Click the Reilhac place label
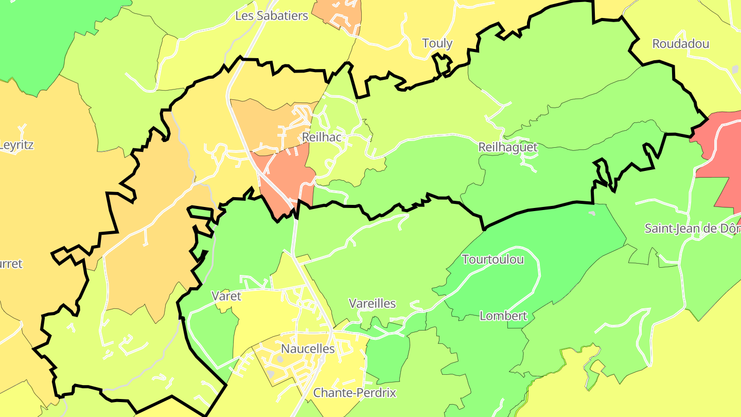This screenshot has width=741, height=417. pyautogui.click(x=322, y=137)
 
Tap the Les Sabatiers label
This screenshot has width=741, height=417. pyautogui.click(x=271, y=16)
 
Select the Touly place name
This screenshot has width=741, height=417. pyautogui.click(x=437, y=43)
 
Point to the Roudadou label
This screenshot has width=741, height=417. pyautogui.click(x=680, y=44)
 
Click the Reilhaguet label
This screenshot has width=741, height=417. pyautogui.click(x=507, y=147)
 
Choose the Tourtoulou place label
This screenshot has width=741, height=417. pyautogui.click(x=492, y=259)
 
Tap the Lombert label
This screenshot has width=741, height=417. pyautogui.click(x=503, y=316)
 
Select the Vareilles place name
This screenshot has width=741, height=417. pyautogui.click(x=372, y=304)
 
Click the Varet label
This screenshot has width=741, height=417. pyautogui.click(x=226, y=296)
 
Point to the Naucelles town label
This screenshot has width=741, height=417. pyautogui.click(x=308, y=349)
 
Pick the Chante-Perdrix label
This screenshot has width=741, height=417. pyautogui.click(x=355, y=393)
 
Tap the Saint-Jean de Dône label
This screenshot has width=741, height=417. pyautogui.click(x=692, y=229)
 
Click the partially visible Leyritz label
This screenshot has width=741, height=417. pyautogui.click(x=16, y=145)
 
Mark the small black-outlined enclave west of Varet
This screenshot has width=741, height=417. pyautogui.click(x=201, y=213)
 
